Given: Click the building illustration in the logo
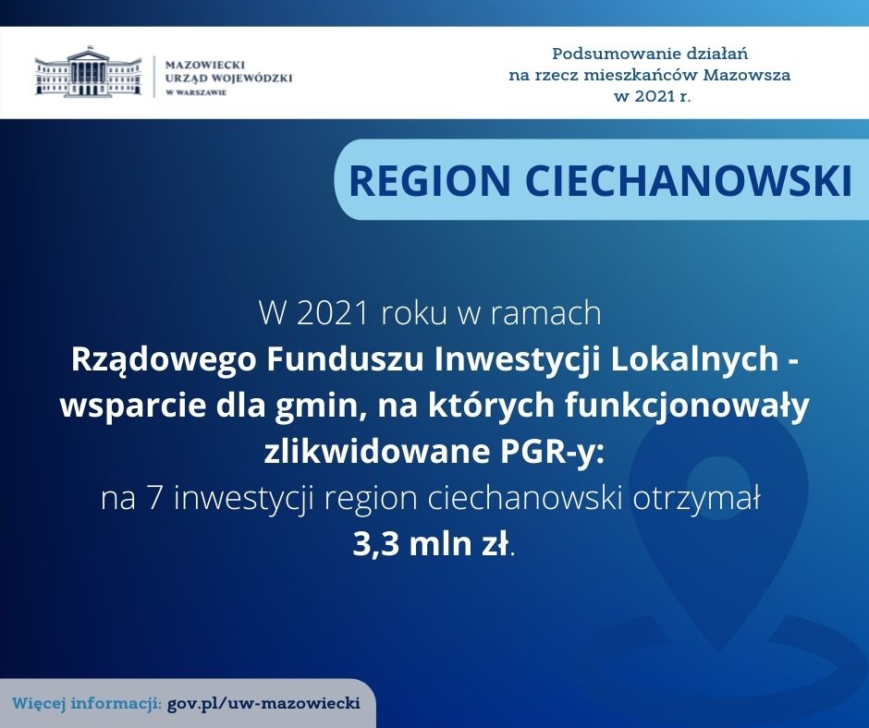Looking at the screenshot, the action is [88, 72].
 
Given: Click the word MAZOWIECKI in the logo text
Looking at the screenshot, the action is [205, 65].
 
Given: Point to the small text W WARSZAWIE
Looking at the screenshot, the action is [196, 92].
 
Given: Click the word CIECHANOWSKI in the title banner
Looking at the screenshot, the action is [689, 180].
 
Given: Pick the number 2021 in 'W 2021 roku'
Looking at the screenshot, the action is [333, 313].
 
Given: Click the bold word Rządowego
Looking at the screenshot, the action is [164, 360].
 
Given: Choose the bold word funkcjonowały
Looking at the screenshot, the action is [687, 407].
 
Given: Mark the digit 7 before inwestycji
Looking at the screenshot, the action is [154, 499].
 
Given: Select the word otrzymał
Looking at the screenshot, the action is [696, 499].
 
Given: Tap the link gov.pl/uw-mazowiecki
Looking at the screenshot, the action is [263, 704].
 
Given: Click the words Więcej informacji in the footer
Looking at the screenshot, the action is [87, 704].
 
